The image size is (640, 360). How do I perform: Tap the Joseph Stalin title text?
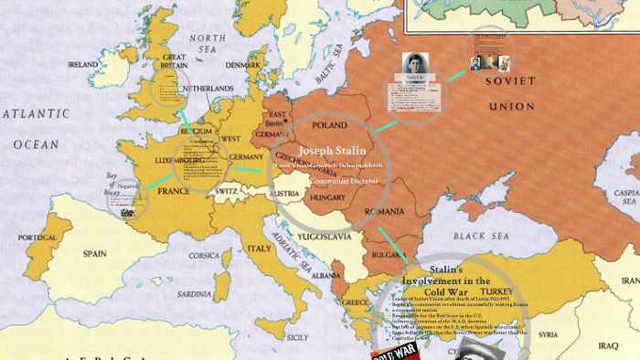pyautogui.click(x=333, y=149)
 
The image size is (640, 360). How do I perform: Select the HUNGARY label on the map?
pyautogui.click(x=327, y=196)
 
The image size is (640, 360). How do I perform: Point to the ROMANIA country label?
pyautogui.click(x=385, y=211)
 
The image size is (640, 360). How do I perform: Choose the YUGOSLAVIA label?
pyautogui.click(x=325, y=236)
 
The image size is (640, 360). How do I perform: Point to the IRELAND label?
pyautogui.click(x=84, y=66)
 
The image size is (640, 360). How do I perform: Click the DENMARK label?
pyautogui.click(x=242, y=65)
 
